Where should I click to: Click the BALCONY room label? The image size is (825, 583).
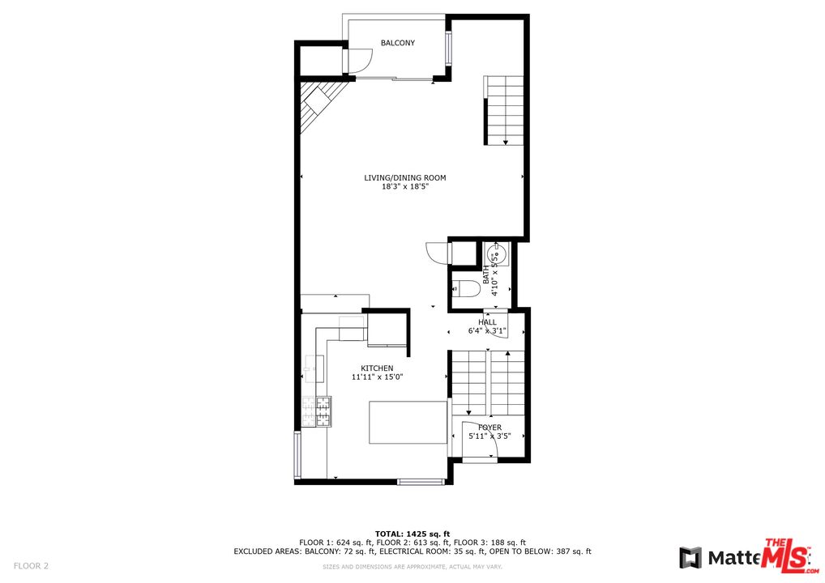pos(398,43)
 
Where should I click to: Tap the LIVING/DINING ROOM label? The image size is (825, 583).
pos(404,178)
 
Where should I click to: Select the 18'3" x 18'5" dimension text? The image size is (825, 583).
pos(404,187)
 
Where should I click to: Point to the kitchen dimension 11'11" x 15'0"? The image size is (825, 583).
pos(377,377)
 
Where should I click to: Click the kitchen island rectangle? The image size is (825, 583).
pos(408,422)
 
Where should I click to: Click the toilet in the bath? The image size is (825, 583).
pos(463,287)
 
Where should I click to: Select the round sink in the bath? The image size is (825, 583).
pos(497,254)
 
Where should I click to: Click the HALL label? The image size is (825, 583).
pos(487,322)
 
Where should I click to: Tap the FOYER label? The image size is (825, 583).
pos(489,428)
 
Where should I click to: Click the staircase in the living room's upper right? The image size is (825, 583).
pos(505,110)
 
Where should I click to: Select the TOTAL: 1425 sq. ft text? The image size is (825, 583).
pos(412,534)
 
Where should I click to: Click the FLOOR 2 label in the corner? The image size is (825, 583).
pos(31,565)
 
